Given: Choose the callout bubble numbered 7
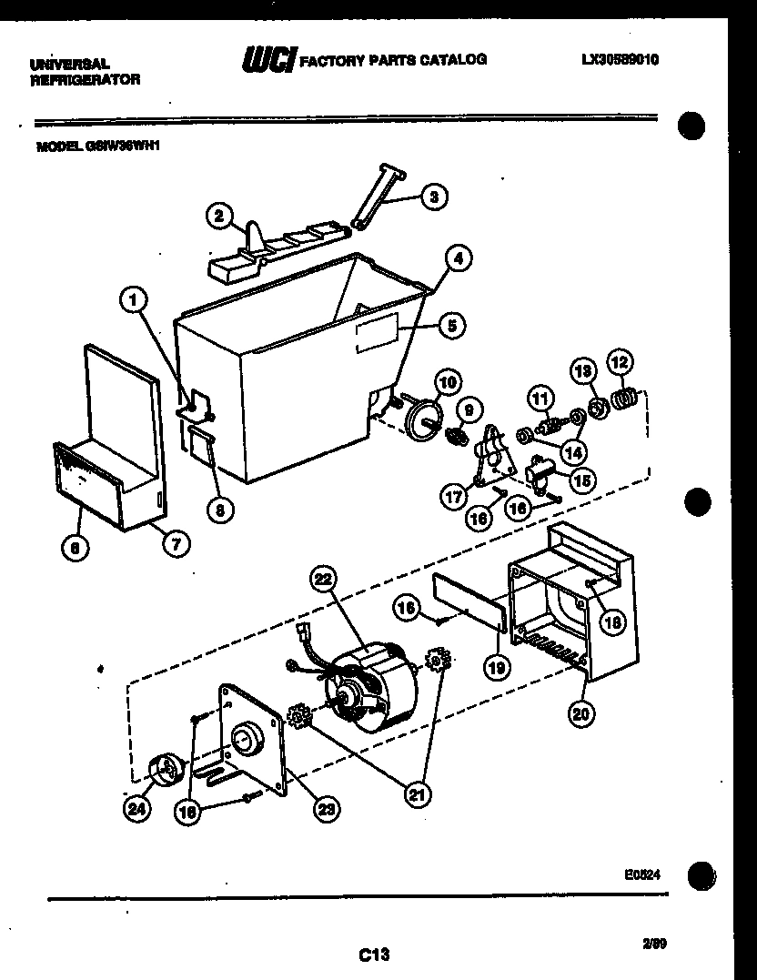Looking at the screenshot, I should (176, 545).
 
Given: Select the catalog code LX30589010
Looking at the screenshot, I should (620, 60).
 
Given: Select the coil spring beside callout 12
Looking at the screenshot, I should (623, 398).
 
